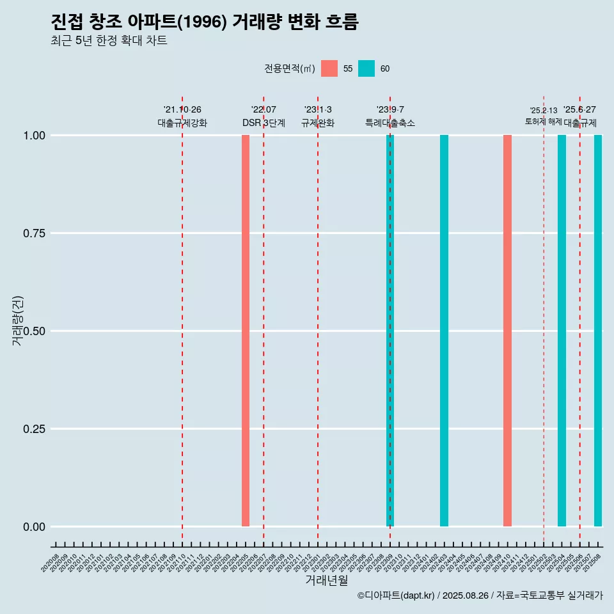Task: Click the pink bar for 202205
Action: pos(246,331)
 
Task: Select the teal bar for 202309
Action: pos(390,331)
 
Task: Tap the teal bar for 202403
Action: pos(444,331)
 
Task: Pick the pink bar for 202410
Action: pos(507,331)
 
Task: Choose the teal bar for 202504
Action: pos(562,331)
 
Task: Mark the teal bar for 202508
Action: pos(598,331)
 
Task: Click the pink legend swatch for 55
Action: pos(329,68)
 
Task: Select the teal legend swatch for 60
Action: pos(366,68)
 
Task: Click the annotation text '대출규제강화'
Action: pos(182,123)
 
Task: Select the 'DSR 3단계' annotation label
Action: pos(264,123)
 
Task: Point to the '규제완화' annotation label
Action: pos(318,123)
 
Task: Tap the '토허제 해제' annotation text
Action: pos(543,122)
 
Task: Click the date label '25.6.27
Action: pos(579,110)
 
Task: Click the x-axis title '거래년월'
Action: pos(326,580)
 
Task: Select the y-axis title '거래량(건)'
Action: pos(17,320)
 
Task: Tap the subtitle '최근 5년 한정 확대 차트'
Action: pos(109,41)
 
